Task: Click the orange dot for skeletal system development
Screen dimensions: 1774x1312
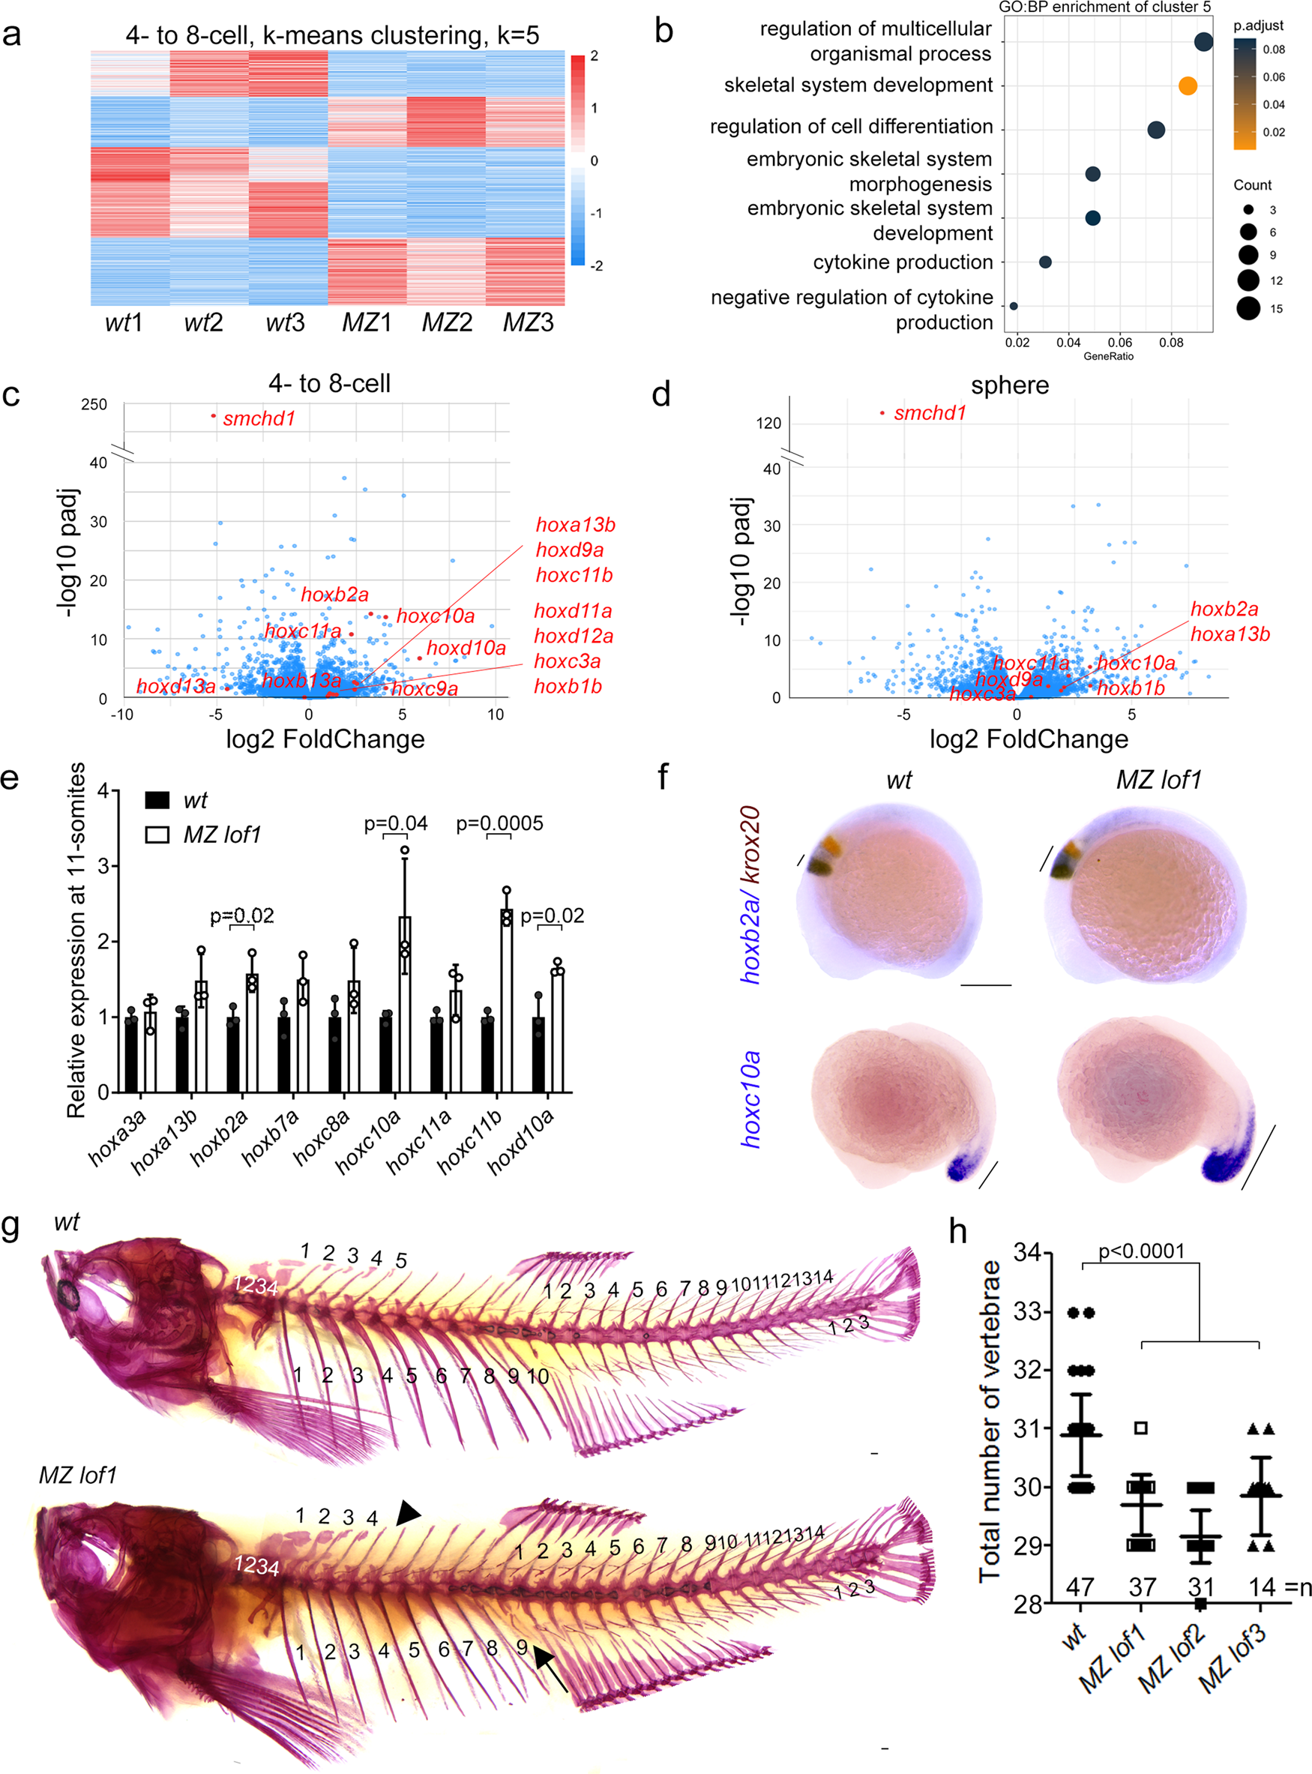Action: click(x=1188, y=85)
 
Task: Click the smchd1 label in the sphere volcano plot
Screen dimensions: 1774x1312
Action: click(x=929, y=413)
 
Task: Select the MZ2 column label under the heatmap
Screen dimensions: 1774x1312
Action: click(x=446, y=323)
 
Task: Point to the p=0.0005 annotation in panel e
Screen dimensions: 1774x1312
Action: click(x=499, y=823)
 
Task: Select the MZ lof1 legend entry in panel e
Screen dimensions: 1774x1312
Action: click(x=222, y=835)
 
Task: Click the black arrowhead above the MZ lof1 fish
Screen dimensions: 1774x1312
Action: click(x=408, y=1513)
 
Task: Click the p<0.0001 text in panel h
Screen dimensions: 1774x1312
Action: click(x=1141, y=1252)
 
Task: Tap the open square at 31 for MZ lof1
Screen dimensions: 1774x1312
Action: click(x=1140, y=1428)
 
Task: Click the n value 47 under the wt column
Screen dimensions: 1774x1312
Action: click(x=1080, y=1587)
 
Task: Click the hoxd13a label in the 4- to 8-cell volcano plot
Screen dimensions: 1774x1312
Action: click(x=175, y=686)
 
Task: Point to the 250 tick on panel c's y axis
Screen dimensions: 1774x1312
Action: click(x=94, y=404)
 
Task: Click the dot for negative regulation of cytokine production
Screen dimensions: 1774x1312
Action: click(x=1013, y=306)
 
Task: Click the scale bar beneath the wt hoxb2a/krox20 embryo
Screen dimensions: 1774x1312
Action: click(x=985, y=984)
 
